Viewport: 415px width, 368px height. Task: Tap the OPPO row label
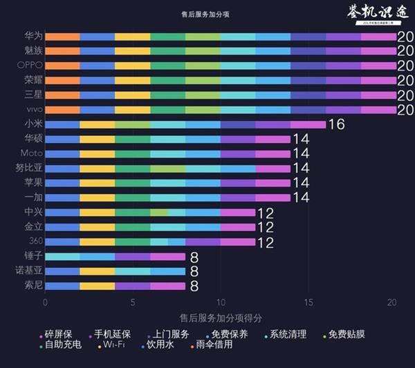[x=30, y=65]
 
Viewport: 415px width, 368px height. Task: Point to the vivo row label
[x=33, y=109]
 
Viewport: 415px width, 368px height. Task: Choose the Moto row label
[x=32, y=153]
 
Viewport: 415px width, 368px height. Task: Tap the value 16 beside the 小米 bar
[x=336, y=125]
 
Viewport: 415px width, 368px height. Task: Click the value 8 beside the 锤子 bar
[x=194, y=257]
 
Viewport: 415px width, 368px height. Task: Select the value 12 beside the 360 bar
[x=266, y=242]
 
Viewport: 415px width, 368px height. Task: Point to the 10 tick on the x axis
[x=220, y=302]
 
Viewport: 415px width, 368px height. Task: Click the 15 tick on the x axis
[x=307, y=302]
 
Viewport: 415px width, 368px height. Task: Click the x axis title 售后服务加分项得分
[x=219, y=318]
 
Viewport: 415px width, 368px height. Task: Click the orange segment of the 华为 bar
[x=62, y=37]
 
